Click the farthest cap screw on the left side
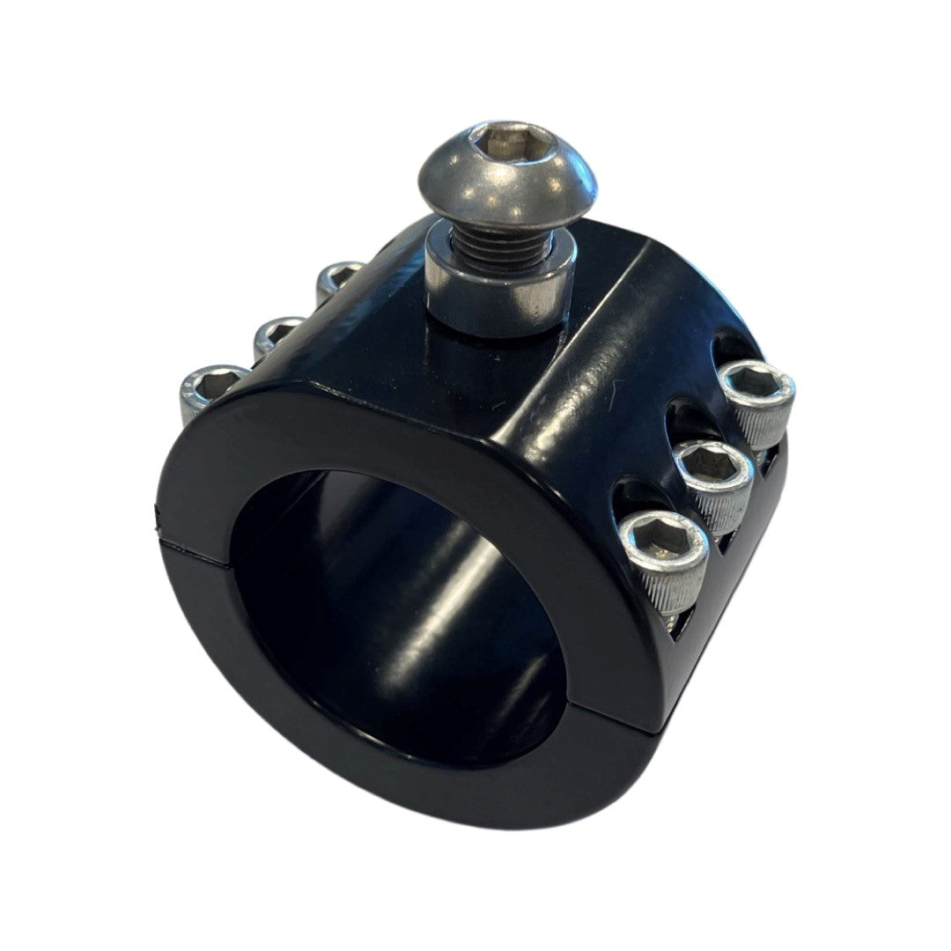pyautogui.click(x=338, y=277)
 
